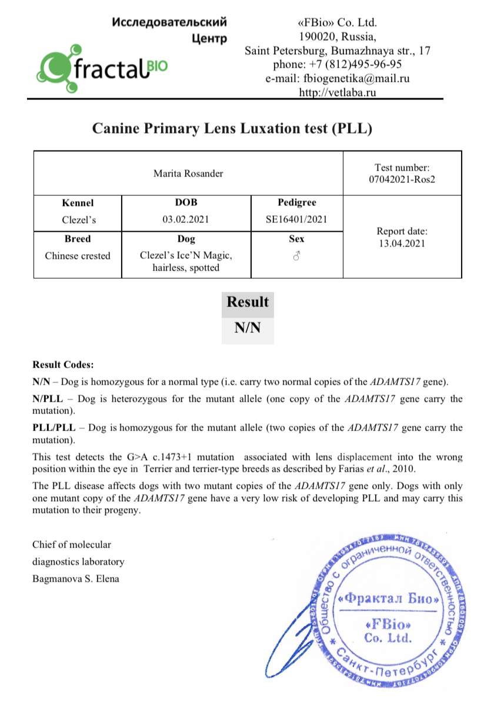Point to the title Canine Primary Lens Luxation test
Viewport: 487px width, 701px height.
(232, 128)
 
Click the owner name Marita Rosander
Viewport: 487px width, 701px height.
(188, 173)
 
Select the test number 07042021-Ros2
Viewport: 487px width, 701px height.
(402, 179)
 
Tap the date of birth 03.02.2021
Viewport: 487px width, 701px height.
(186, 220)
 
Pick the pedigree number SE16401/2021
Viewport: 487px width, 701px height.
(296, 220)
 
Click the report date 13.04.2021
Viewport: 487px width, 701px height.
(402, 243)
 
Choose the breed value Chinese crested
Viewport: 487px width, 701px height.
(78, 256)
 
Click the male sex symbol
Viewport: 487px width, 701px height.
(296, 256)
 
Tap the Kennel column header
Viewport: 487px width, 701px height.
(78, 203)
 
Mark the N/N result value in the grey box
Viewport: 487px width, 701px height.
(247, 328)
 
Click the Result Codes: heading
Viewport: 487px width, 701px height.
(63, 365)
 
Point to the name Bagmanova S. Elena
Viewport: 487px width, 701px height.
(76, 579)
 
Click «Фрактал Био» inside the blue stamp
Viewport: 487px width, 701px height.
(389, 599)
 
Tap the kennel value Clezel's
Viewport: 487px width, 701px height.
(78, 220)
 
